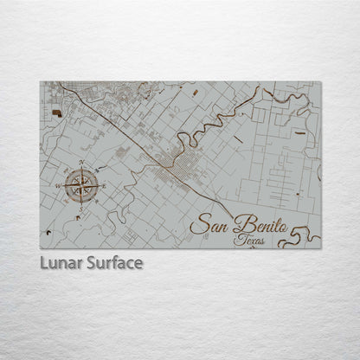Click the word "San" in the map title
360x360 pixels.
207,225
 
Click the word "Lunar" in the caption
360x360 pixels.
60,261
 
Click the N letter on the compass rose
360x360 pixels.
81,163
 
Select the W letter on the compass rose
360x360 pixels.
58,185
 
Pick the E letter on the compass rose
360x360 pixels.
104,184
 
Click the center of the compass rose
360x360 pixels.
81,184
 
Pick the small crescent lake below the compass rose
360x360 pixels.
79,218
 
